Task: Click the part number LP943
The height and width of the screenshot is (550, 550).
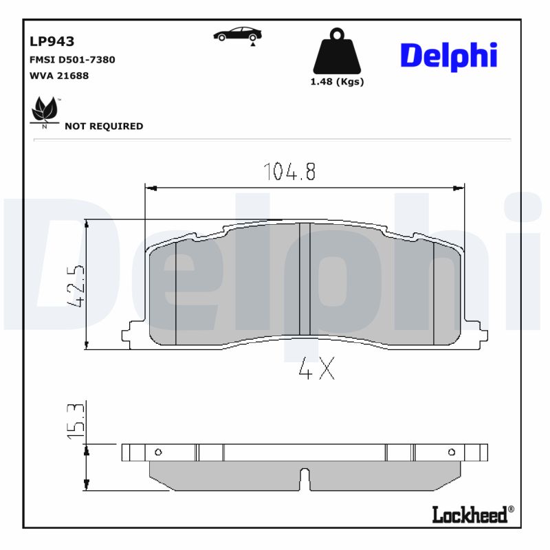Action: click(52, 42)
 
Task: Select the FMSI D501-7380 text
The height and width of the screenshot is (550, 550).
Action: click(72, 60)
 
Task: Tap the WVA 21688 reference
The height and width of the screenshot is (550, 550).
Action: click(59, 76)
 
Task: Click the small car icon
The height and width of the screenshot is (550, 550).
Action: click(237, 34)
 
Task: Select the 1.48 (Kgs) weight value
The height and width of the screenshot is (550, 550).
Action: click(337, 82)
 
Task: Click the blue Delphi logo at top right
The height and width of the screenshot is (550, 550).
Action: click(448, 56)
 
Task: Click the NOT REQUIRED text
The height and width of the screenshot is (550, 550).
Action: click(104, 126)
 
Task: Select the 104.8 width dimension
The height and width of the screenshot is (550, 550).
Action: click(289, 172)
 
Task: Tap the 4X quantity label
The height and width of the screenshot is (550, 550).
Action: click(316, 371)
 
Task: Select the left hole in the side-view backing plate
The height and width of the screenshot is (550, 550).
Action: click(157, 452)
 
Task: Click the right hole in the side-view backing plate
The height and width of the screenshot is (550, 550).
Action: click(452, 452)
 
